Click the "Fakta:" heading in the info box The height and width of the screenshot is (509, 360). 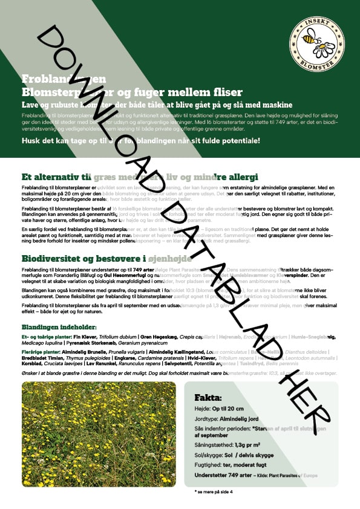pyautogui.click(x=208, y=398)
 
